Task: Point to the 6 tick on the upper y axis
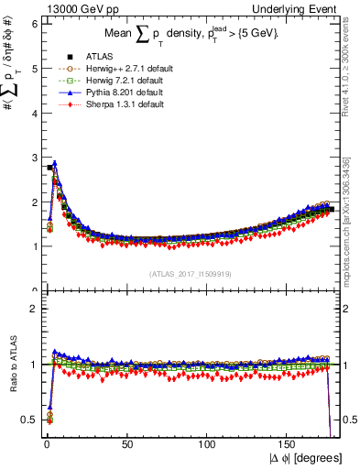(x=34, y=24)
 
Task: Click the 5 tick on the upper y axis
(x=34, y=68)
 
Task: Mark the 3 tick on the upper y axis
(x=34, y=157)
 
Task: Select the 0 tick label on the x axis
(x=46, y=444)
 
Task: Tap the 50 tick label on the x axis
(x=127, y=444)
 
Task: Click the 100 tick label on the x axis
(x=208, y=444)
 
